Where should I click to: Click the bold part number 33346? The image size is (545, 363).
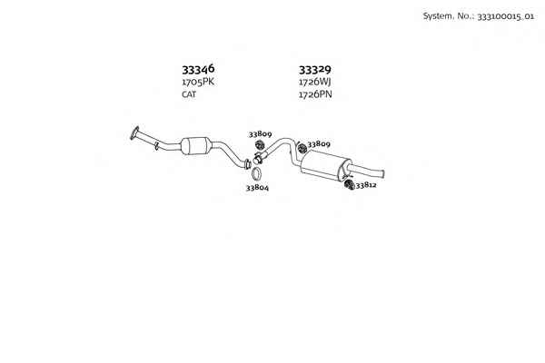click(198, 70)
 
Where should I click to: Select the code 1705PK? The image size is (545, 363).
click(198, 83)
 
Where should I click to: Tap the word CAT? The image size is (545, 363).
click(189, 94)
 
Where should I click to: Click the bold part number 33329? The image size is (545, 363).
click(315, 70)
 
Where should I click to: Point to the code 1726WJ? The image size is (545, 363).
click(315, 83)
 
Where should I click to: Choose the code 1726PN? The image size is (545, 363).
click(315, 94)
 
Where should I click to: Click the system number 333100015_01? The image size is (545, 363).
click(505, 16)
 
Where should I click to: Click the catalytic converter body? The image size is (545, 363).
click(196, 146)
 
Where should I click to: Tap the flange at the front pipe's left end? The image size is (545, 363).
click(134, 133)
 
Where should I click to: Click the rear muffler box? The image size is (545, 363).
click(325, 164)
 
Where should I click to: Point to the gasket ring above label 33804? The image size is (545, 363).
click(256, 173)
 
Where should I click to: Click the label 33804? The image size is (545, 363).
click(257, 188)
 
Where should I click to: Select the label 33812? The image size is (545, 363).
click(366, 185)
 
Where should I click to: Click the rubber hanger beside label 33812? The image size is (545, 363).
click(350, 184)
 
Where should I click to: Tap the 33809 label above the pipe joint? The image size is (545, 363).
click(260, 133)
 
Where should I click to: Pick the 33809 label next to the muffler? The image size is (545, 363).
click(319, 143)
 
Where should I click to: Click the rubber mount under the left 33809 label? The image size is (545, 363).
click(260, 145)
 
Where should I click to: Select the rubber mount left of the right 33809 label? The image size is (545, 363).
click(302, 148)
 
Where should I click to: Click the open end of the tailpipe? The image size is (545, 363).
click(382, 173)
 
